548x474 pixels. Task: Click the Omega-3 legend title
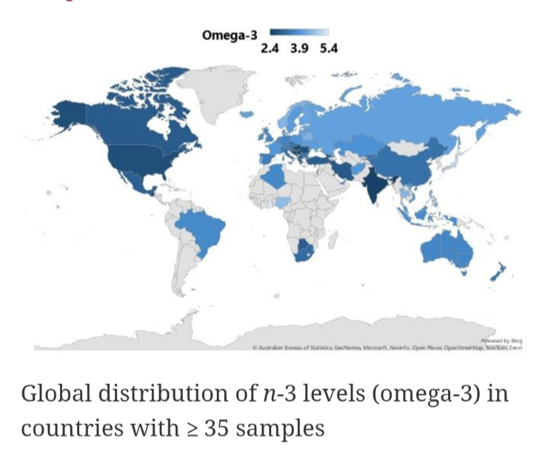pyautogui.click(x=229, y=35)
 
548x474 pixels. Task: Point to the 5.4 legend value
pyautogui.click(x=328, y=49)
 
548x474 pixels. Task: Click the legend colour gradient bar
pyautogui.click(x=299, y=33)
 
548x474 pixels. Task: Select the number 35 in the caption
pyautogui.click(x=218, y=429)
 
